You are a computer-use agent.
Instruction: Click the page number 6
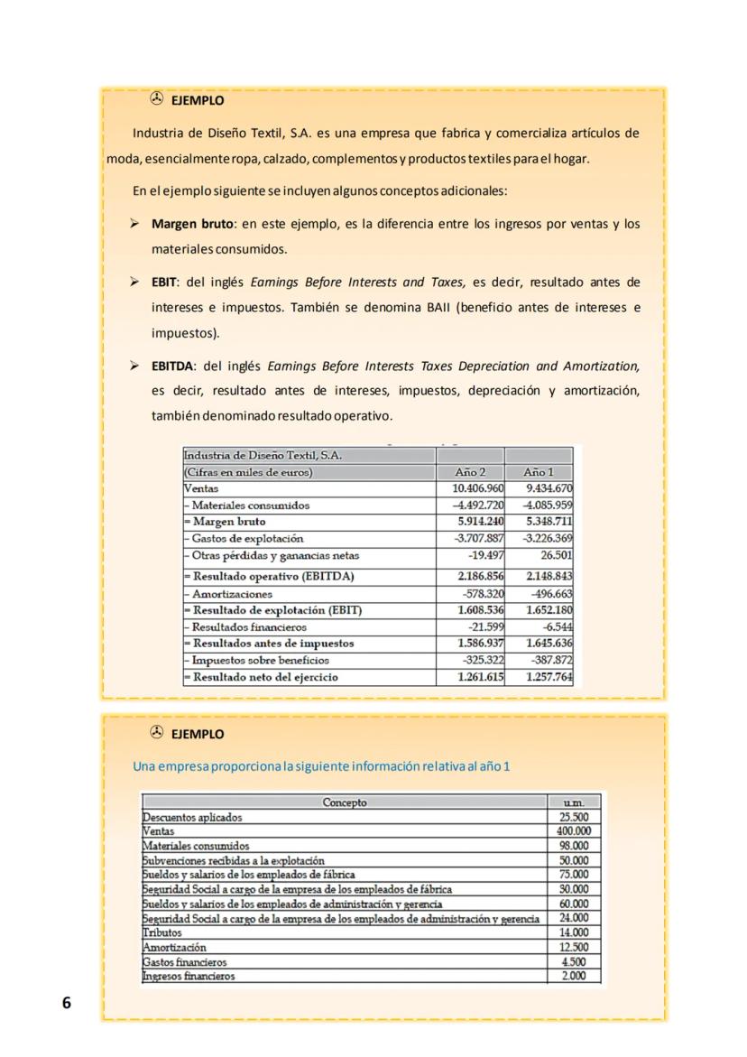66,1003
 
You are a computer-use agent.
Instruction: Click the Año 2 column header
470,472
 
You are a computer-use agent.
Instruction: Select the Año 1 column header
539,472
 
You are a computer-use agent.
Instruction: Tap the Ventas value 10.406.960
478,488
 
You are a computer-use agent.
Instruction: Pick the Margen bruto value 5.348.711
549,522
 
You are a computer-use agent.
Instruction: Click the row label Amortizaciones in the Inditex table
230,594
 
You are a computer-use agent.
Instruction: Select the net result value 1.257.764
549,677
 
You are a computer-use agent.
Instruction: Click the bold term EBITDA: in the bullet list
174,366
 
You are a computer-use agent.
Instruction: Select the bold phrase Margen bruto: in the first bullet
193,224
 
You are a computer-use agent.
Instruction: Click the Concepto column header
345,802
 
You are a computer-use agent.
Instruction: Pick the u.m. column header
574,802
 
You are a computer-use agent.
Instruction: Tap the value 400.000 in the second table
573,831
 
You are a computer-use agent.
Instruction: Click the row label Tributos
162,932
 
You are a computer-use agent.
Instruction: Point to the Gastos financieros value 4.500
575,961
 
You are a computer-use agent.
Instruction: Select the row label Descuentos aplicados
192,817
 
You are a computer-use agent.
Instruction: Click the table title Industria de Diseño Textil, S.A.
263,455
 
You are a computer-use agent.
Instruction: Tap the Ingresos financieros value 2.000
575,976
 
